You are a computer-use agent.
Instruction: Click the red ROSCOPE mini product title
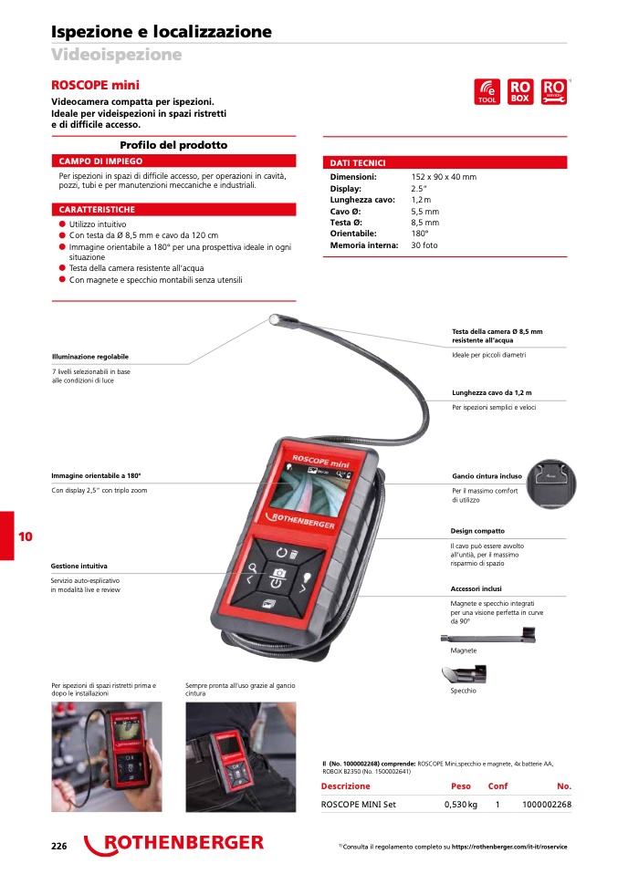(95, 84)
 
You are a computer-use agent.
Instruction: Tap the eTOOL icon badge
(487, 91)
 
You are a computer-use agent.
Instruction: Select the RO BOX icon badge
(519, 91)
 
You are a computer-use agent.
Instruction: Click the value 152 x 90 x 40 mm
(444, 177)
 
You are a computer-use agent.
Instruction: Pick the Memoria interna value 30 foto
(424, 245)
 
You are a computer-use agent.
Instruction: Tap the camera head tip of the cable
(275, 319)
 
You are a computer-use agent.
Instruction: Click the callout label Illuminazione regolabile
(90, 356)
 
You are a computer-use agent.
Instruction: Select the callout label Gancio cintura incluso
(487, 476)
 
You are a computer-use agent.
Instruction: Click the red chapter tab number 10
(25, 536)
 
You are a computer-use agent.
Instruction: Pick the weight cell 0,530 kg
(460, 805)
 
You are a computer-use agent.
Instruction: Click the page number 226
(59, 846)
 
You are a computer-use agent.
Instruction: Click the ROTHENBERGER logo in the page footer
(174, 844)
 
